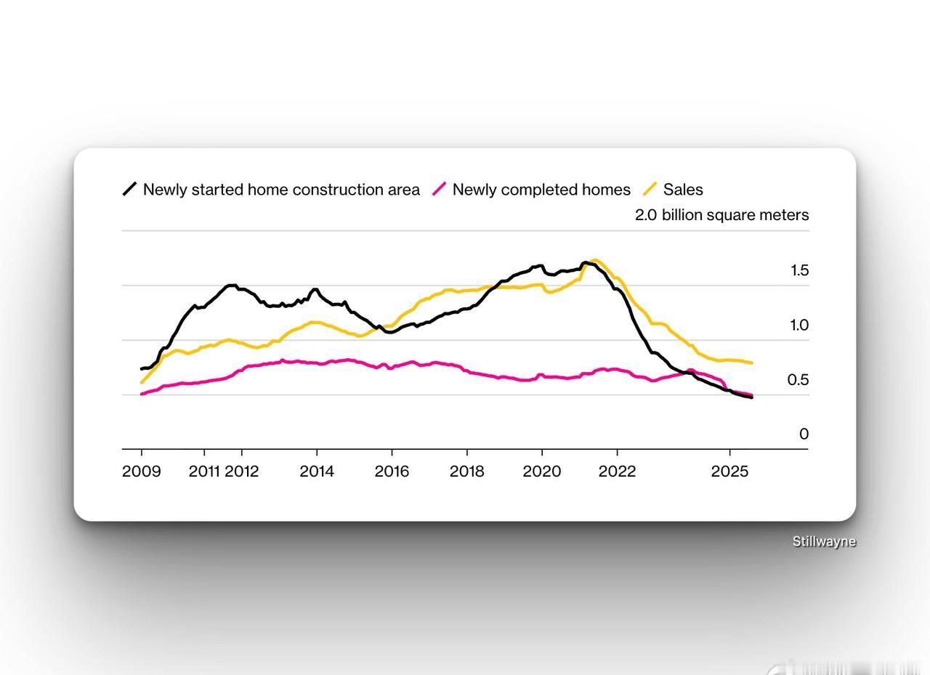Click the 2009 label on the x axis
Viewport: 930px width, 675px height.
point(142,472)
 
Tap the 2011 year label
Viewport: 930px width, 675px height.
point(204,472)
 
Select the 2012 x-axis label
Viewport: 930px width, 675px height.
point(242,472)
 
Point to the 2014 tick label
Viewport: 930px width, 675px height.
point(317,472)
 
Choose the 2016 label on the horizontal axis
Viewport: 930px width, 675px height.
point(392,472)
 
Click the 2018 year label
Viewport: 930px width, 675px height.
point(466,472)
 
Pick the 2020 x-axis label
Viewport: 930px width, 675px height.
point(542,472)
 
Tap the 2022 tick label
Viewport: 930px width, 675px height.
point(617,472)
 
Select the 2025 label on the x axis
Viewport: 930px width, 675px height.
point(729,472)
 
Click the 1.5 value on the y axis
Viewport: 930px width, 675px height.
point(799,271)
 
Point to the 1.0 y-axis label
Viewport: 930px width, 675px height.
point(799,326)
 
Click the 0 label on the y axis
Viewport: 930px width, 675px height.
point(804,434)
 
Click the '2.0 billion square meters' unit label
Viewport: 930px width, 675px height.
point(721,215)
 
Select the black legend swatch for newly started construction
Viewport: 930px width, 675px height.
point(129,190)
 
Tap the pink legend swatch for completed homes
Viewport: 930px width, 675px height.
point(439,190)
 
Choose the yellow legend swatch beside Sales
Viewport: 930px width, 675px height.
point(650,190)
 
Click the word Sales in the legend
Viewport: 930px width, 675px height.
point(683,190)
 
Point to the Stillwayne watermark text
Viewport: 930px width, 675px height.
point(824,541)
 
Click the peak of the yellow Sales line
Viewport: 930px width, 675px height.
point(595,260)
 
